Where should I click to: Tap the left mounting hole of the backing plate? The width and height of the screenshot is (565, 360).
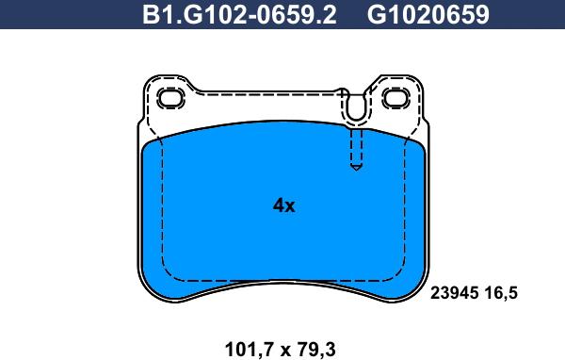pos(170,98)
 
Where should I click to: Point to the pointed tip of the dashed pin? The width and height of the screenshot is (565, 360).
pos(355,169)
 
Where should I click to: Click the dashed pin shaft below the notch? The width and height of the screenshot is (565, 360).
pos(355,146)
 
